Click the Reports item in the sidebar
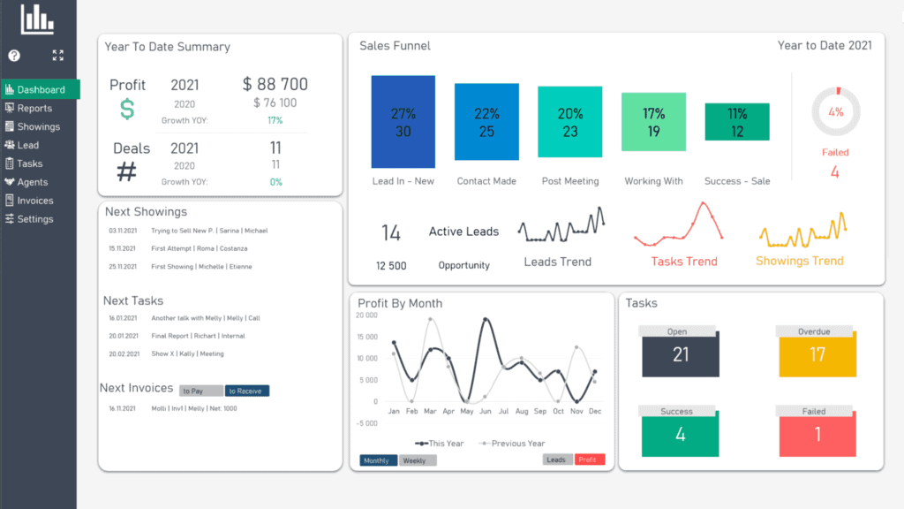34,109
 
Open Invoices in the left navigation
34,201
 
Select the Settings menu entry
34,219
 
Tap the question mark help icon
14,56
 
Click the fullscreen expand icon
58,56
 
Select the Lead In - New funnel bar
403,122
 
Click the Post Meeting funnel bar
570,122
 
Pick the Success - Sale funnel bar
737,122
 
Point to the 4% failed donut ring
835,112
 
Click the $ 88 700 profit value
275,85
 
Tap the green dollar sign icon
127,110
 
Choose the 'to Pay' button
200,391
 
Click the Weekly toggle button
417,460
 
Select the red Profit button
587,460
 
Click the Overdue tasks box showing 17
817,354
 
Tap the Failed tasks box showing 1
817,434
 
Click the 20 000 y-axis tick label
366,315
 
